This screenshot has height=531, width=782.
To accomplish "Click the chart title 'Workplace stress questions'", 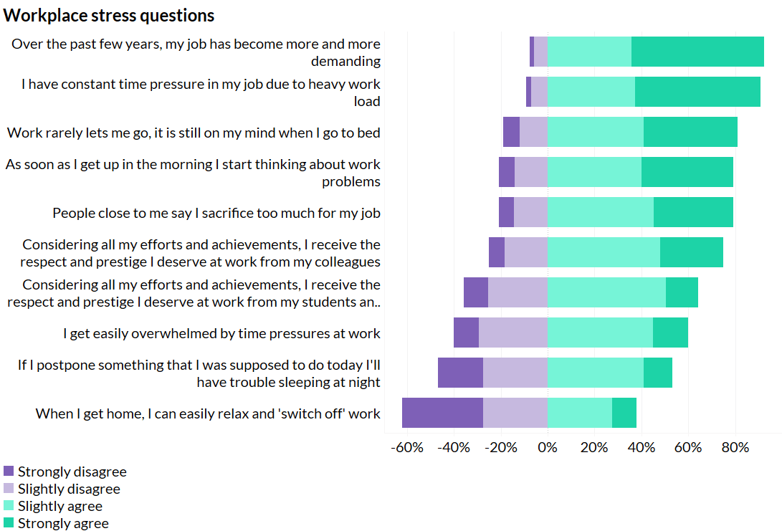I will pos(109,15).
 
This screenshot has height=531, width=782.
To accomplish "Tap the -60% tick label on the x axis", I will pos(407,448).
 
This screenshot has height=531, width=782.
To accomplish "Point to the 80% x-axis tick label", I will pos(735,448).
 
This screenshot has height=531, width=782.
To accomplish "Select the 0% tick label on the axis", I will pos(548,448).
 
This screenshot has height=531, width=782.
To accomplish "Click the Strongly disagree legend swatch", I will pos(9,472).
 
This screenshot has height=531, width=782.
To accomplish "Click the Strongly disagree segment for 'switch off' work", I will pos(442,413).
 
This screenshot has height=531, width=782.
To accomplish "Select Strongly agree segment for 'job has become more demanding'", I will pos(697,52).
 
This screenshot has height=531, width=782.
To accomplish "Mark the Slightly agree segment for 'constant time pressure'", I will pos(591,92).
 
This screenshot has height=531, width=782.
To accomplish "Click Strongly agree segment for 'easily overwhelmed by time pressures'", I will pos(670,333).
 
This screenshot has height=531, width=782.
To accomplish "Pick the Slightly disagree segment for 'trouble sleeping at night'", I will pos(515,373).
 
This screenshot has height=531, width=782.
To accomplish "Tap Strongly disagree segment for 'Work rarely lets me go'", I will pos(511,132).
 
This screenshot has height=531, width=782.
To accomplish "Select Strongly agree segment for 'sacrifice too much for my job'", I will pos(693,212).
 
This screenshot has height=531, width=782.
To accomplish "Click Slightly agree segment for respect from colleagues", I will pos(604,252).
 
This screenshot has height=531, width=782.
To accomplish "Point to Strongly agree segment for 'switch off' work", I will pos(624,413).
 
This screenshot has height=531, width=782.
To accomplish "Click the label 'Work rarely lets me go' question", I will pos(194,133).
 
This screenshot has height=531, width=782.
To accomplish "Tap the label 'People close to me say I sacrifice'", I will pos(216,213).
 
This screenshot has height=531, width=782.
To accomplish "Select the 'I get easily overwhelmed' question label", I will pos(221,333).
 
